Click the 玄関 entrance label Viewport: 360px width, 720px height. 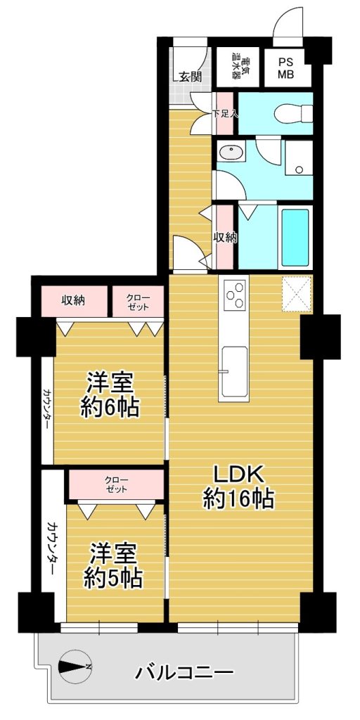[x=190, y=77]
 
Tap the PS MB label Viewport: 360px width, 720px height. [x=288, y=67]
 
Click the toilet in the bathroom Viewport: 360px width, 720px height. [x=293, y=113]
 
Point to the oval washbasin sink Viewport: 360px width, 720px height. [x=227, y=152]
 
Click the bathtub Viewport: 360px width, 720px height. [x=295, y=237]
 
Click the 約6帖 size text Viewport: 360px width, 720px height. [x=110, y=407]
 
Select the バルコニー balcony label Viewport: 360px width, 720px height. [x=184, y=674]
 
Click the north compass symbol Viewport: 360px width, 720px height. [x=75, y=667]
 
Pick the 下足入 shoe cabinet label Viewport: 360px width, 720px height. [x=225, y=113]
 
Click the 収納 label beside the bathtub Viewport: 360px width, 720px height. [x=224, y=237]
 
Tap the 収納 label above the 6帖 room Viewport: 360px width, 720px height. [x=73, y=301]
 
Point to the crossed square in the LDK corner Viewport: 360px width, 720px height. [x=297, y=294]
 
